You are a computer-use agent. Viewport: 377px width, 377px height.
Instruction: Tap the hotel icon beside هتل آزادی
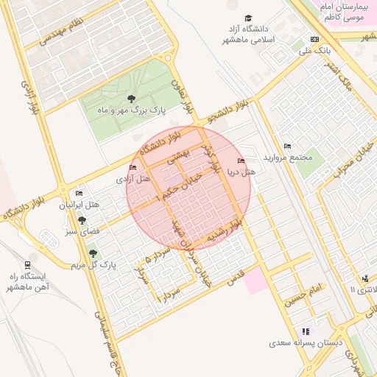[x=133, y=168]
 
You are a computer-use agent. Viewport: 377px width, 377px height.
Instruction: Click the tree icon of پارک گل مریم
[x=93, y=253]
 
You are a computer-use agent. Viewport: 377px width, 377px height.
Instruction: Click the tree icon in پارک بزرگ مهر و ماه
[x=131, y=98]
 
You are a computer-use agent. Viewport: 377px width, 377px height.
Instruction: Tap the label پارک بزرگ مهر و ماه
[x=132, y=110]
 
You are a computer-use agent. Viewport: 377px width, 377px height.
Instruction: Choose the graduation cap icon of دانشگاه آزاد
[x=248, y=18]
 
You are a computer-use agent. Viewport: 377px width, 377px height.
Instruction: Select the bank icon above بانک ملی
[x=315, y=39]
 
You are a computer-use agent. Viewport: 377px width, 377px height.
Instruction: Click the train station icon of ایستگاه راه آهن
[x=27, y=264]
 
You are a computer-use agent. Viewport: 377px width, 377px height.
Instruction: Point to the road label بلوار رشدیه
[x=225, y=231]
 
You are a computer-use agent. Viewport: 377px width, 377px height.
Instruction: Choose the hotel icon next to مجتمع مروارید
[x=287, y=146]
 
